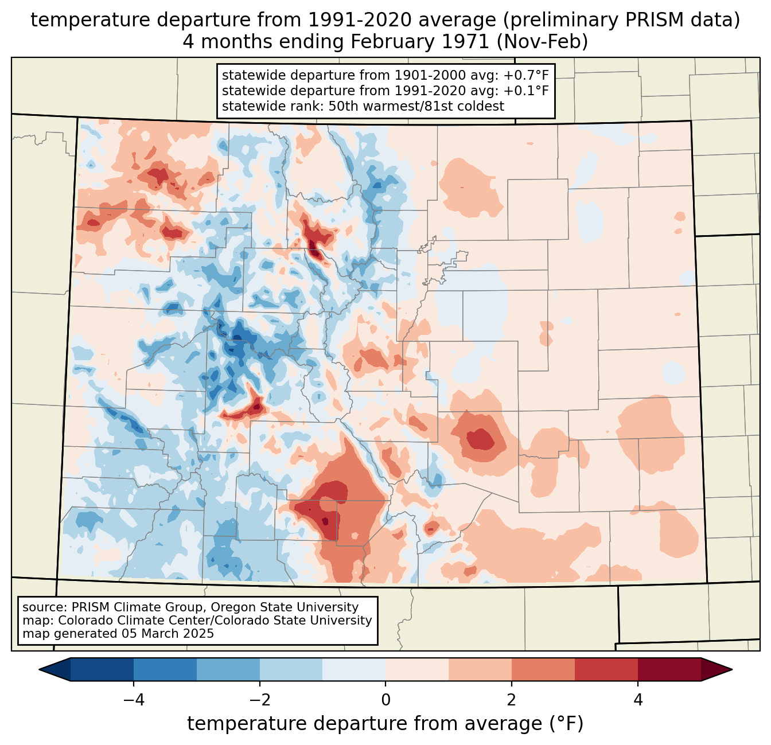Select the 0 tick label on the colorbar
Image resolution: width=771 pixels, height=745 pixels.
pyautogui.click(x=385, y=700)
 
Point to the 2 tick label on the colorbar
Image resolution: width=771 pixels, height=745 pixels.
pyautogui.click(x=512, y=700)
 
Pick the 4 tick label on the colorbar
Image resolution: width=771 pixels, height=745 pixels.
pyautogui.click(x=638, y=700)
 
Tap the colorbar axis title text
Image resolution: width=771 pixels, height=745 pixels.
pyautogui.click(x=385, y=724)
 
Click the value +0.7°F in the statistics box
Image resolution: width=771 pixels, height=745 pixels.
pyautogui.click(x=526, y=76)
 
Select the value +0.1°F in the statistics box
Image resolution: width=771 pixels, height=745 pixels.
pyautogui.click(x=526, y=91)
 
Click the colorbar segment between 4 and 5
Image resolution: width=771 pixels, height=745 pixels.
pyautogui.click(x=669, y=669)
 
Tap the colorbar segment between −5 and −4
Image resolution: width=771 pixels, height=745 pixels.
pyautogui.click(x=102, y=669)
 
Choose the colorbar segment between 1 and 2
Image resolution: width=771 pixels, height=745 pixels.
pyautogui.click(x=480, y=669)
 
